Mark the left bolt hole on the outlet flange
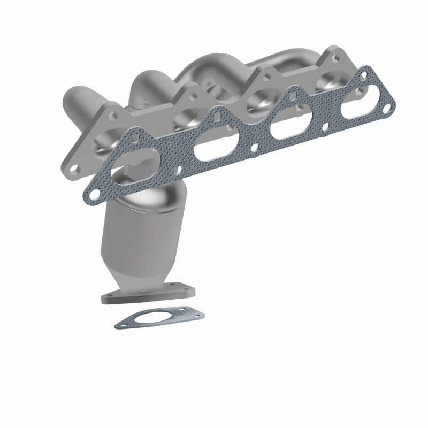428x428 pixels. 110,297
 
